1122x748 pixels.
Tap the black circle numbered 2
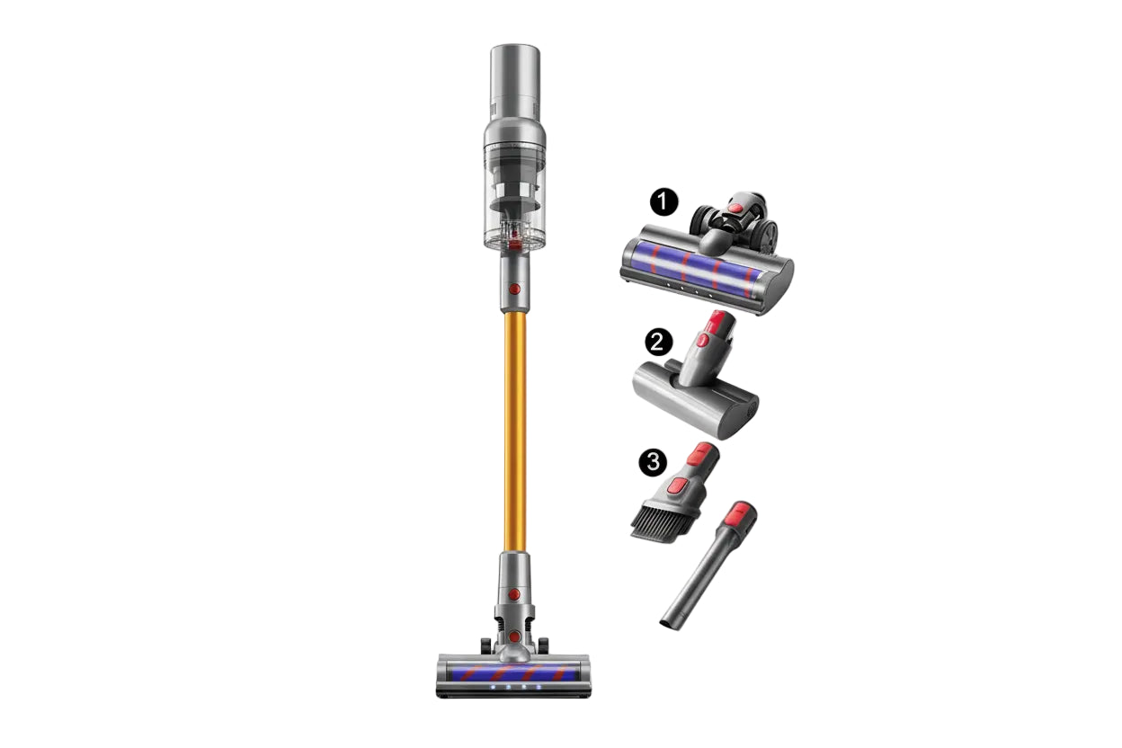pyautogui.click(x=659, y=342)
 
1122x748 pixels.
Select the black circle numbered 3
pyautogui.click(x=652, y=462)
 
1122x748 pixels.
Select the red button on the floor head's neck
pyautogui.click(x=513, y=594)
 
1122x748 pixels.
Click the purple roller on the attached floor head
pyautogui.click(x=514, y=672)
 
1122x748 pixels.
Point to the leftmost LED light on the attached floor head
pyautogui.click(x=494, y=689)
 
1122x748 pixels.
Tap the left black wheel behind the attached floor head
pyautogui.click(x=486, y=645)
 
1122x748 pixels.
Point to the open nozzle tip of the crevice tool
pyautogui.click(x=669, y=622)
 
